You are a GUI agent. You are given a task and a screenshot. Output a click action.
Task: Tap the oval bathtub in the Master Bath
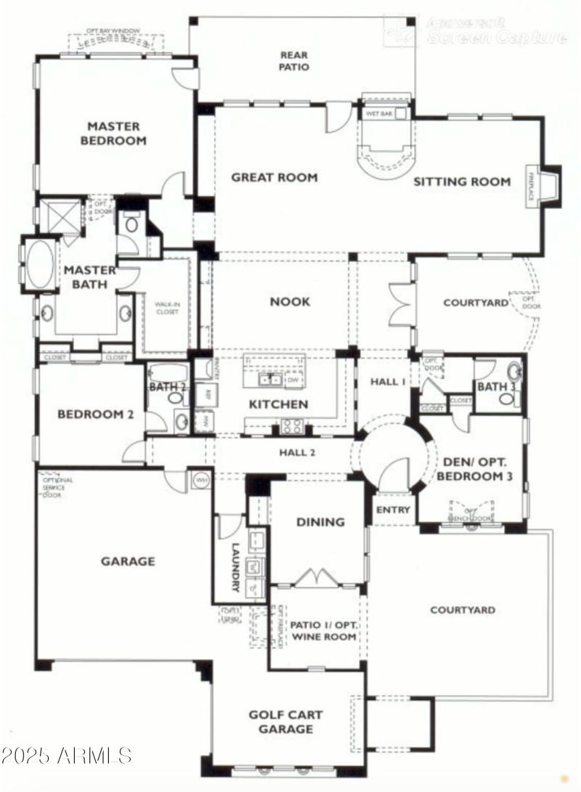click(40, 266)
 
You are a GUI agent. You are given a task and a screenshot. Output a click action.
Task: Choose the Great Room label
click(274, 177)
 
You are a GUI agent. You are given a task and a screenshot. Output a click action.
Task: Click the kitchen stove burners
click(293, 425)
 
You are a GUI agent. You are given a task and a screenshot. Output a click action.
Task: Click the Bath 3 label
click(497, 387)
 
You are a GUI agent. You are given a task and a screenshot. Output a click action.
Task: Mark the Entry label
click(392, 510)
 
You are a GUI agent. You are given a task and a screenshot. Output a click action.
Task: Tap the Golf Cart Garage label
click(286, 722)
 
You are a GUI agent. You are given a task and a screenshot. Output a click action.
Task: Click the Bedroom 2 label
click(95, 415)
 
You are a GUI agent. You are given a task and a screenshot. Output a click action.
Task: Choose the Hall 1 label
click(386, 382)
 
